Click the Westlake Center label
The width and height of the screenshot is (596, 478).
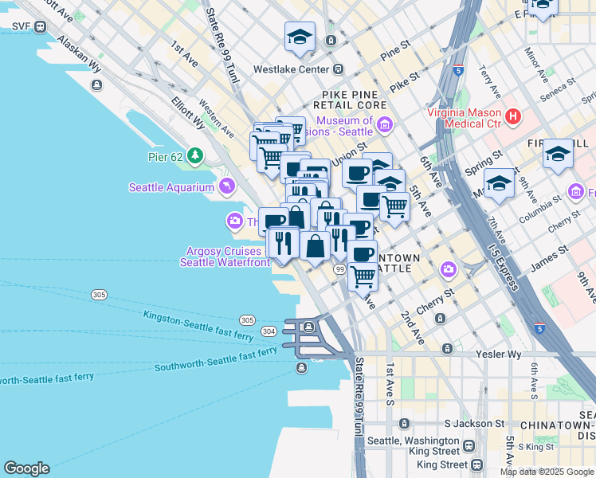[x=291, y=69]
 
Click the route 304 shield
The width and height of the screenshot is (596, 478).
[x=269, y=331]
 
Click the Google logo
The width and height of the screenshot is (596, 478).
[x=26, y=468]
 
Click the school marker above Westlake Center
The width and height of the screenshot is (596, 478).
[x=300, y=37]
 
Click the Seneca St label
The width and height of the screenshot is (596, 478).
[x=559, y=88]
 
